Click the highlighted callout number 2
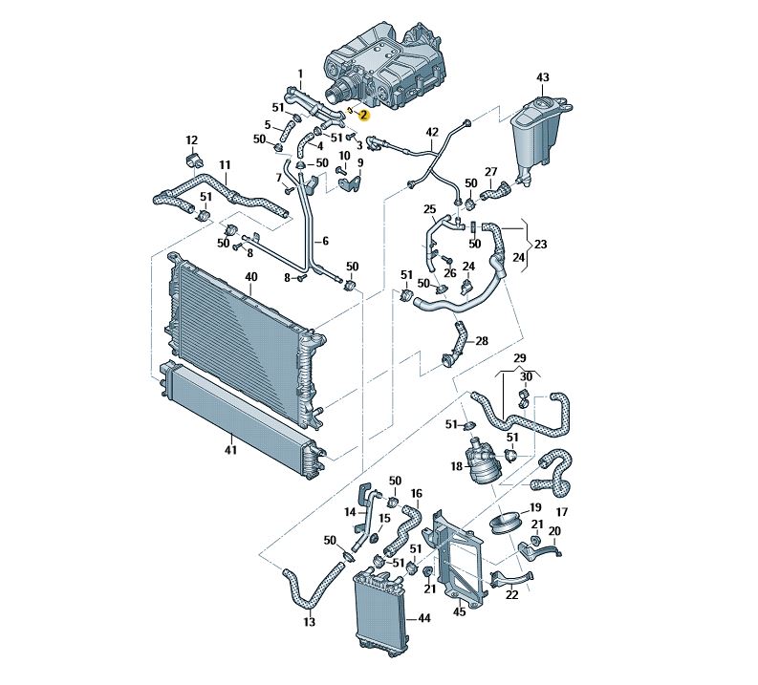pyautogui.click(x=363, y=115)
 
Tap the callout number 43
pyautogui.click(x=542, y=76)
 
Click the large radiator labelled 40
pyautogui.click(x=239, y=334)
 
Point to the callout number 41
pyautogui.click(x=230, y=448)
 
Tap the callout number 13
pyautogui.click(x=309, y=622)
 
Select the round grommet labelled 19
pyautogui.click(x=504, y=524)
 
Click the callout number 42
pyautogui.click(x=432, y=132)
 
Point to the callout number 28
pyautogui.click(x=481, y=341)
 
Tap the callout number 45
pyautogui.click(x=460, y=611)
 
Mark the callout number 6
pyautogui.click(x=324, y=241)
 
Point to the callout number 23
pyautogui.click(x=540, y=244)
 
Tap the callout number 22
pyautogui.click(x=512, y=594)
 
